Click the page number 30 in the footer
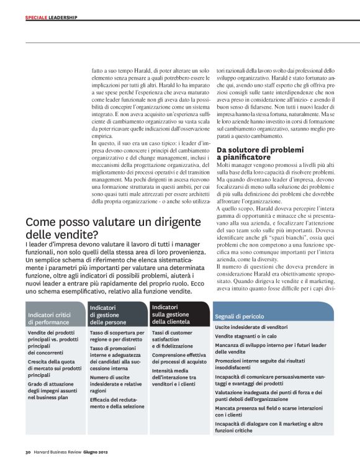(28, 451)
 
